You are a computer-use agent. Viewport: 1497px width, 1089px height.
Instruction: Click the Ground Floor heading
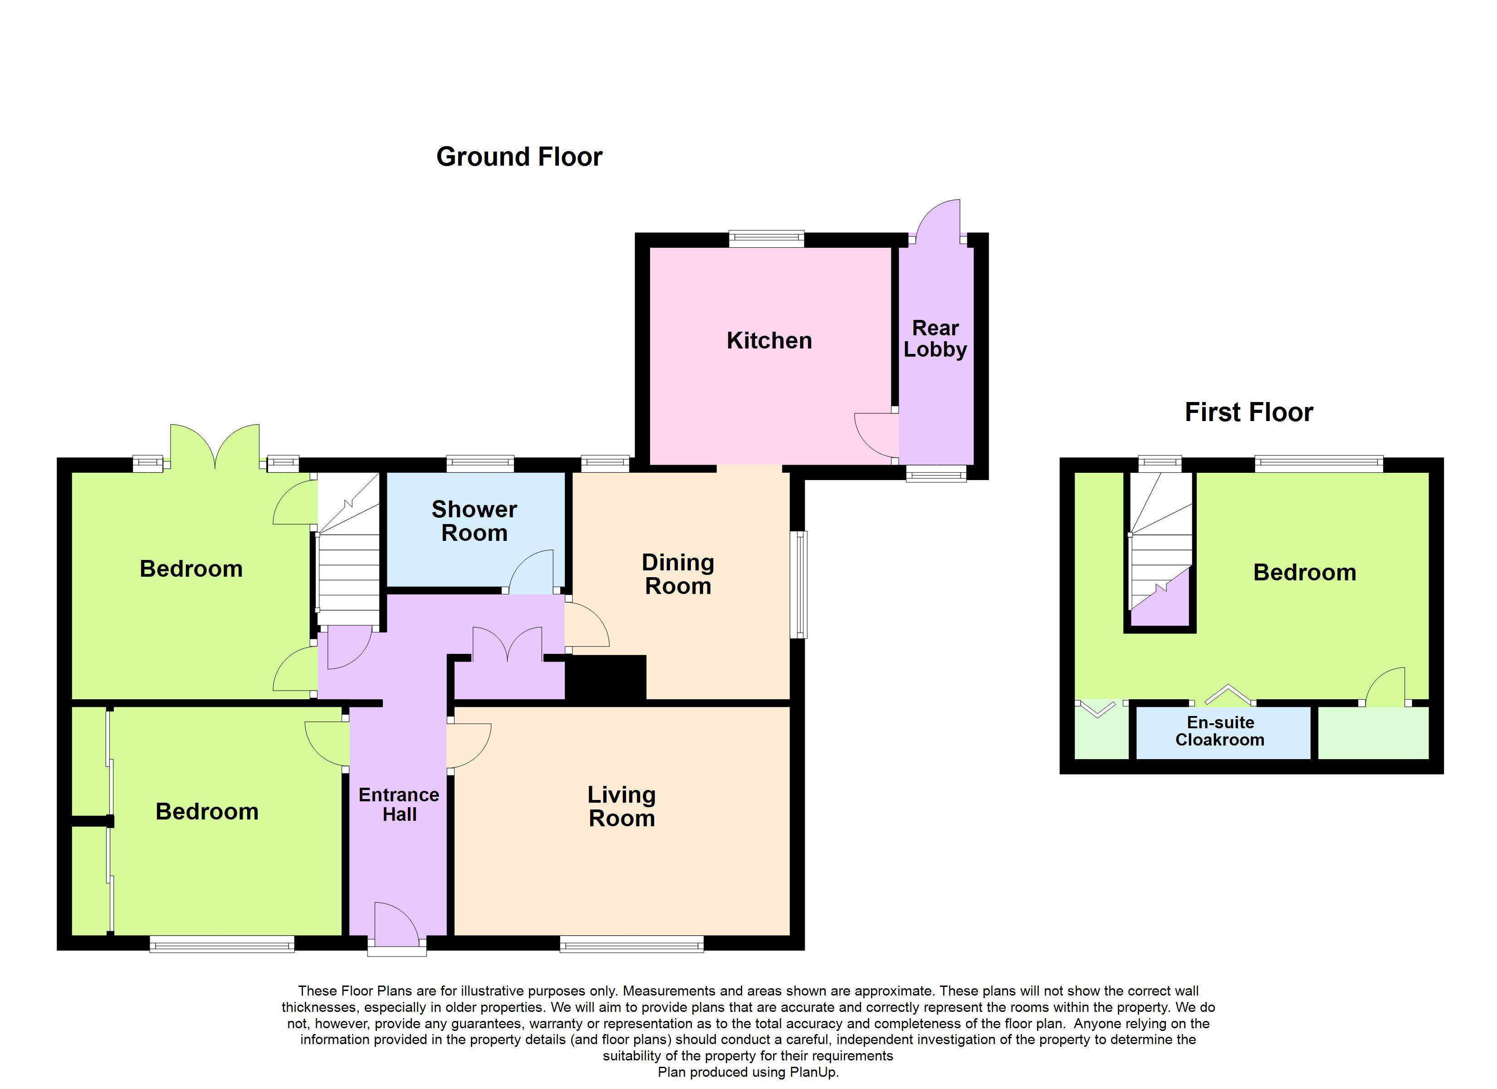519,157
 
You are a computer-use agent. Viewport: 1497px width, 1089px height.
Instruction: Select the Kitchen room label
769,341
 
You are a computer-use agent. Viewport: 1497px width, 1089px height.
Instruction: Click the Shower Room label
474,521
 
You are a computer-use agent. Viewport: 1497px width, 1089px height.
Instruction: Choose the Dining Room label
678,574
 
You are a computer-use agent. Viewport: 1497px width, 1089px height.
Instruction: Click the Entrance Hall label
399,804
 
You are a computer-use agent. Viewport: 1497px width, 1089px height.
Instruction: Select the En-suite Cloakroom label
1220,731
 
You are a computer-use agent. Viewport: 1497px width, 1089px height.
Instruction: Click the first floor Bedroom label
1304,573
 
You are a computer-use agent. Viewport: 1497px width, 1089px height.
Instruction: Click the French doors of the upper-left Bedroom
215,447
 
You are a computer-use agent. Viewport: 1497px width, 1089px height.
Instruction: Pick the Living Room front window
631,945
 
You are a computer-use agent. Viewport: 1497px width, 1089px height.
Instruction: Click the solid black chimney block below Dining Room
605,677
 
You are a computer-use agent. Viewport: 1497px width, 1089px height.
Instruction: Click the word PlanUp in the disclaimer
814,1072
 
